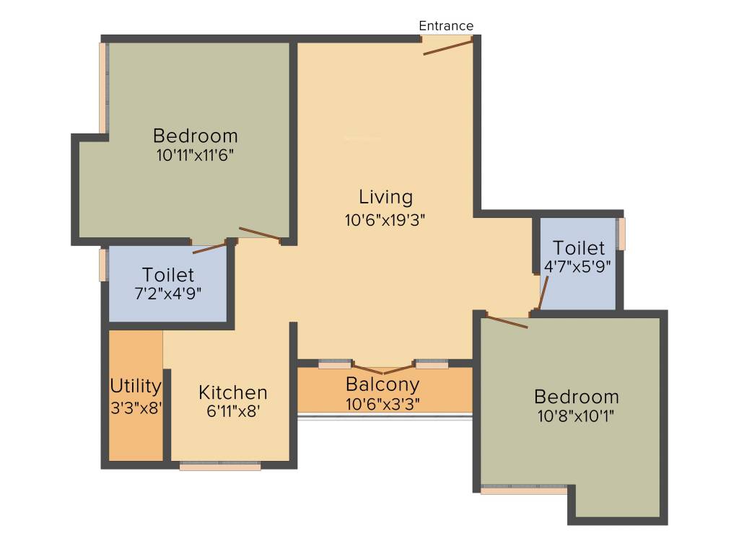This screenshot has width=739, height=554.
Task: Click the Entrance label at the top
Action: point(446,26)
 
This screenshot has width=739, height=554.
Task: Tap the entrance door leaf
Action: point(447,48)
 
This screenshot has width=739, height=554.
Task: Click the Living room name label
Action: point(386,197)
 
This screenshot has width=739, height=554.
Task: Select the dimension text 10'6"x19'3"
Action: point(385,220)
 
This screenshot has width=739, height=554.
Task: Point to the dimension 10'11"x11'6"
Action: point(195,154)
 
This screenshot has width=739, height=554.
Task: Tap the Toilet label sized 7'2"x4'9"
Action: point(168,275)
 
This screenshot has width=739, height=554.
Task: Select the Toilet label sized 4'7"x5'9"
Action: point(578,249)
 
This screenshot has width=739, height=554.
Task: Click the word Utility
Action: point(136,385)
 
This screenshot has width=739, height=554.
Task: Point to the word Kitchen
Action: point(233,392)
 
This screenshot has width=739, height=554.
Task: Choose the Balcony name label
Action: point(382,384)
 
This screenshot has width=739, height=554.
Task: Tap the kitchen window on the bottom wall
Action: point(220,467)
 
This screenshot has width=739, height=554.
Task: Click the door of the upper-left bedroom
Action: point(259,234)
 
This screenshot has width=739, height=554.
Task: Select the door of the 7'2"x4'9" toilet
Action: point(209,249)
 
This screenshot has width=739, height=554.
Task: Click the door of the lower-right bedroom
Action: point(507,322)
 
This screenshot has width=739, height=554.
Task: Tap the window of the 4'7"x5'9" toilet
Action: point(621,234)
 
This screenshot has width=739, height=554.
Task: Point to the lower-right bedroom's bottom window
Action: point(523,490)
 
